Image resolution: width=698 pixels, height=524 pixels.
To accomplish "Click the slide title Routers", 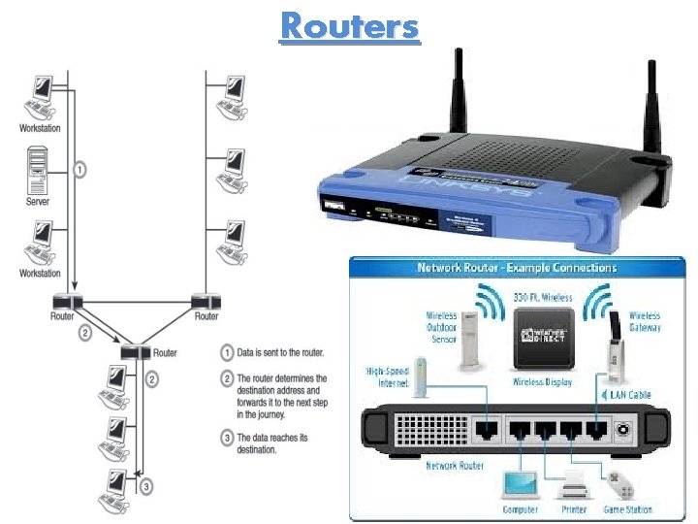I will tap(350, 26).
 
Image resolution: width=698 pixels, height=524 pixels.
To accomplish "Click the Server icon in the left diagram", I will tap(38, 170).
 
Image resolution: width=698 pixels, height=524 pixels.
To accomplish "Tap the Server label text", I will tap(38, 202).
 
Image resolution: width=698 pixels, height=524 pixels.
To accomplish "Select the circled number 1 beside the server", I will tap(80, 169).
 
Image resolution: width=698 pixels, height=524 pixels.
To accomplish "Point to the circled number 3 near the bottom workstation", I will tap(145, 486).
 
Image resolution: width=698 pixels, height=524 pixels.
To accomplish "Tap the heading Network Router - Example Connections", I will tap(517, 267).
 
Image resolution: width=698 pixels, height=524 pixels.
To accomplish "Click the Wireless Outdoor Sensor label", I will tap(441, 329).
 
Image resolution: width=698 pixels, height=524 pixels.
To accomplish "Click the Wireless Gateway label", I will tap(645, 321).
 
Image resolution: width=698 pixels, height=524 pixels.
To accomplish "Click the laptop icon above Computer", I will tap(518, 482).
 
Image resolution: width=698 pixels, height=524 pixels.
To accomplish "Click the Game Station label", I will tap(626, 508).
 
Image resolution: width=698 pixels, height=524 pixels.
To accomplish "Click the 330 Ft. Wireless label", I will tap(544, 296).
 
